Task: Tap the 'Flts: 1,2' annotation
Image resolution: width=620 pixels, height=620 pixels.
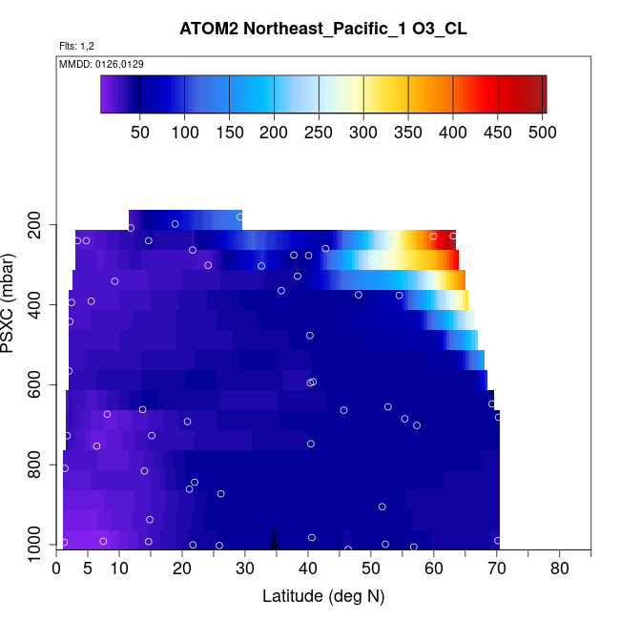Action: [x=76, y=46]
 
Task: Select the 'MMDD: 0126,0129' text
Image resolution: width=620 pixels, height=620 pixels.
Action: [x=94, y=64]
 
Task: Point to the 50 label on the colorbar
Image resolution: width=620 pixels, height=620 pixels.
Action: [x=140, y=132]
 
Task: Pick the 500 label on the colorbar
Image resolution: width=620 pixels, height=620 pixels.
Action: [x=542, y=132]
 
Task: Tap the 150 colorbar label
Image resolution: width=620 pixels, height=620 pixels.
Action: [x=229, y=132]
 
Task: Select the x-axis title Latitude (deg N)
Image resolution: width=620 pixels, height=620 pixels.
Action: [x=323, y=596]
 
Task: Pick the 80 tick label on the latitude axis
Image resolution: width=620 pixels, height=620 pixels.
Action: [x=560, y=568]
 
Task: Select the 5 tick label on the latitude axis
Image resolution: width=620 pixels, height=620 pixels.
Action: [x=88, y=568]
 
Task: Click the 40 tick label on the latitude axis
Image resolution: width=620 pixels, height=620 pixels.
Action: [x=308, y=568]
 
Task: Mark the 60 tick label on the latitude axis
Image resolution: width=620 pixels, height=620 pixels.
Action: [x=434, y=568]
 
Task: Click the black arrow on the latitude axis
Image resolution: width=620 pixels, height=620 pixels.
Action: [x=275, y=540]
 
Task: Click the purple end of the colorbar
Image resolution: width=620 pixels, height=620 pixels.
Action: [x=106, y=94]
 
